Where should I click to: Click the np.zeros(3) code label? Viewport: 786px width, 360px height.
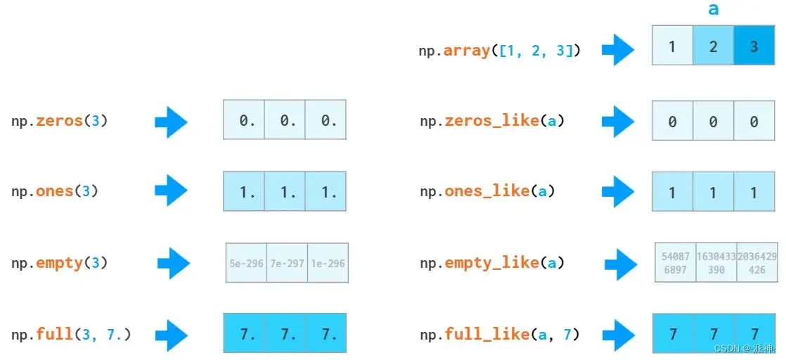click(x=60, y=121)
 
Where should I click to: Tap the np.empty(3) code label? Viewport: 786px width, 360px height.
click(x=60, y=263)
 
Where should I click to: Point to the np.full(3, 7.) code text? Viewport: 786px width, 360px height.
click(x=71, y=333)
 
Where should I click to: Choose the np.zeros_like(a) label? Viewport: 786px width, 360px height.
click(x=492, y=121)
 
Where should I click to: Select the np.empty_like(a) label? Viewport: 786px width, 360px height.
click(x=492, y=263)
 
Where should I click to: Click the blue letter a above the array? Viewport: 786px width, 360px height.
click(x=714, y=9)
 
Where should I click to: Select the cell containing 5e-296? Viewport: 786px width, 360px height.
click(x=246, y=263)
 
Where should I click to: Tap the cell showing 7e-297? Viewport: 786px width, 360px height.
click(x=287, y=263)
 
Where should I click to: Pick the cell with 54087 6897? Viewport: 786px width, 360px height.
click(x=676, y=263)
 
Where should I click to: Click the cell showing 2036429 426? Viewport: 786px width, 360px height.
click(x=757, y=263)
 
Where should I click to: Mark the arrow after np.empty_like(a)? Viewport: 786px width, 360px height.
click(x=621, y=264)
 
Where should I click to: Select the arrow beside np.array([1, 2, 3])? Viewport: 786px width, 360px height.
click(x=619, y=50)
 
